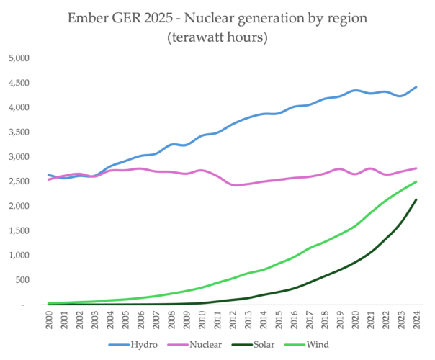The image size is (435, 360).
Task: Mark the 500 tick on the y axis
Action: pos(24,280)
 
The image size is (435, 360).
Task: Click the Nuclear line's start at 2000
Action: pos(49,179)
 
